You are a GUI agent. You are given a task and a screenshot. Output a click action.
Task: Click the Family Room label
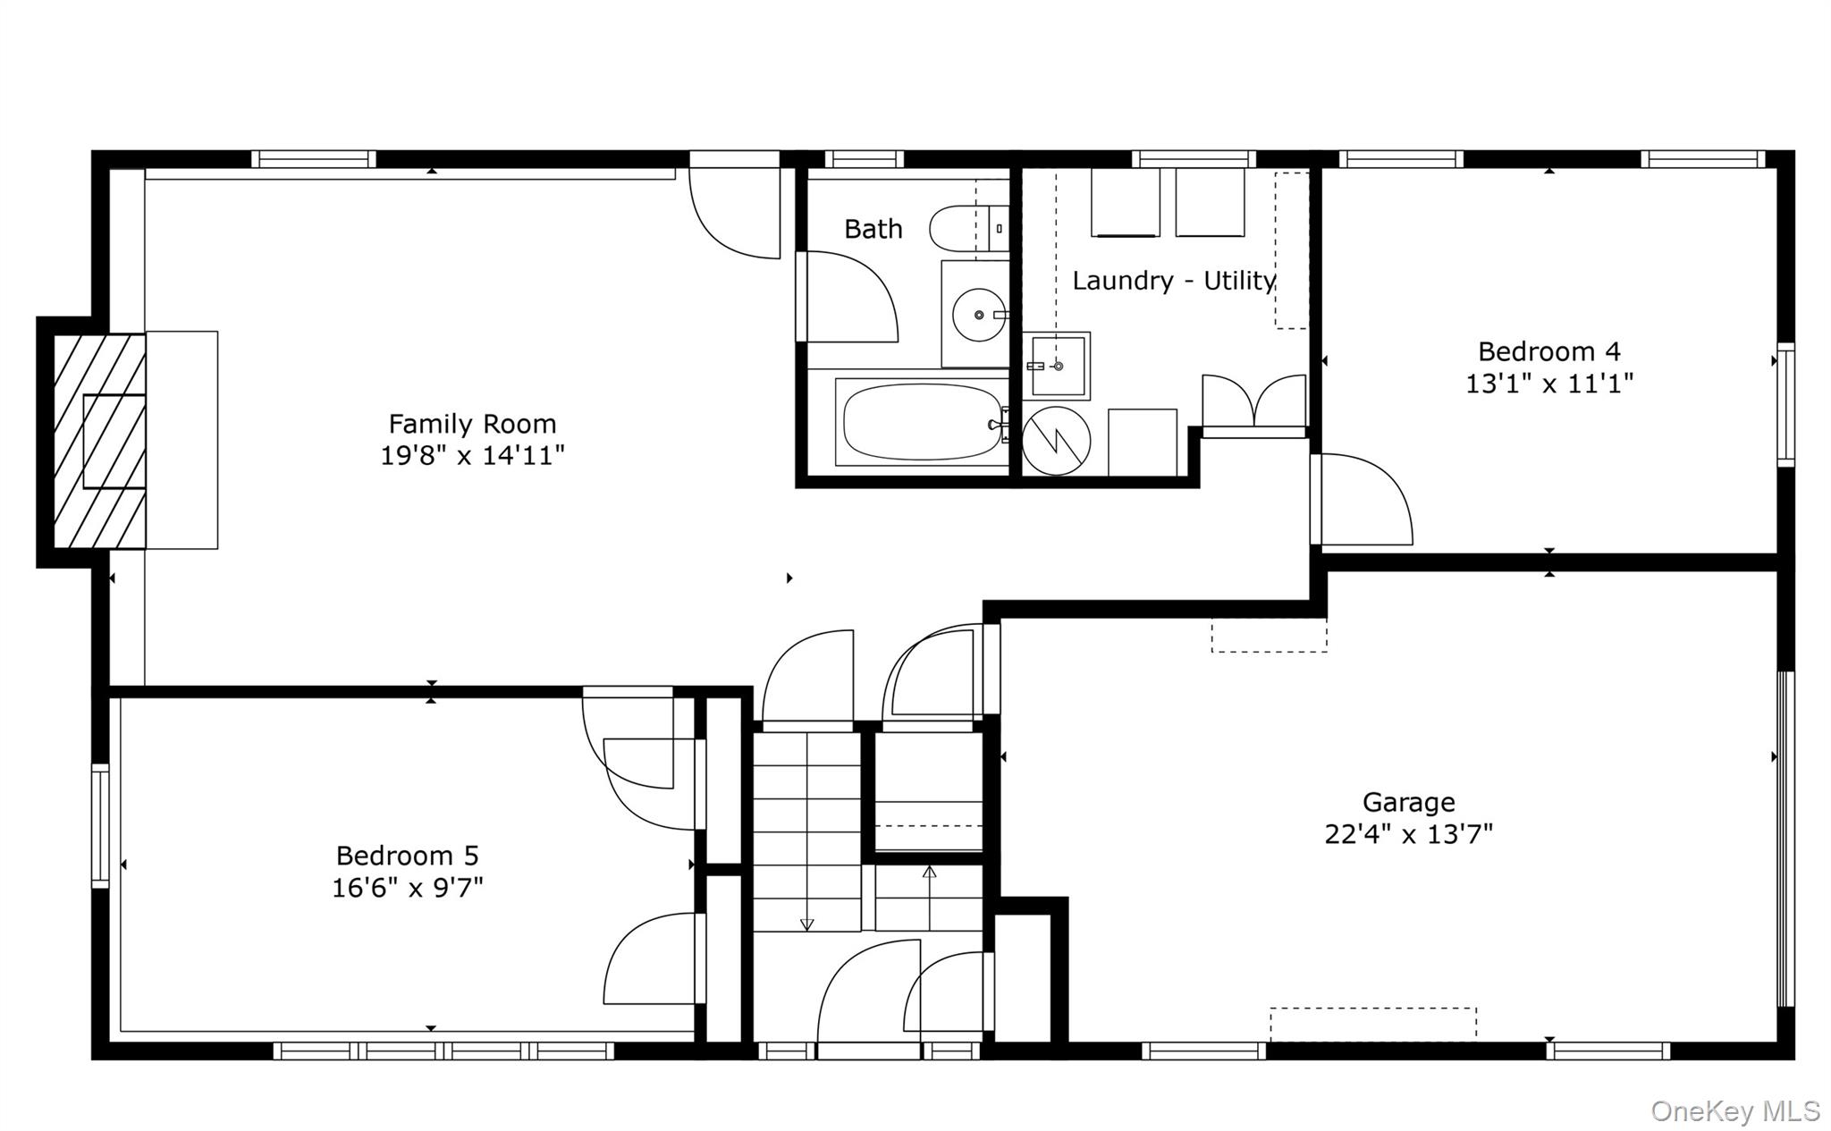point(472,423)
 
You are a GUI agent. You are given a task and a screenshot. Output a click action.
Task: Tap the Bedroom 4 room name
point(1548,351)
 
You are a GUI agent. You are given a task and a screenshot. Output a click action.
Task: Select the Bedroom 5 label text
point(407,856)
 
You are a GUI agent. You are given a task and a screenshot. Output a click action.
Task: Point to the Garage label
point(1408,802)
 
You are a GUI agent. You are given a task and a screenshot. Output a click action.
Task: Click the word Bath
point(873,229)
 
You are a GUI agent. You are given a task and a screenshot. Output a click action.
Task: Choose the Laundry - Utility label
point(1173,281)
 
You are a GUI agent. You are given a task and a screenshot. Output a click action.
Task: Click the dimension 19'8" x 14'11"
point(472,456)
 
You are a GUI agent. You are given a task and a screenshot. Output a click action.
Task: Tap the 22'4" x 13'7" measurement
point(1408,834)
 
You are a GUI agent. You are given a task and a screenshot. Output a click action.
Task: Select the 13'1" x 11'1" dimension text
point(1548,384)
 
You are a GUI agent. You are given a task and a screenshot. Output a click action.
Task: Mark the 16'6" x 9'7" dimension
point(407,888)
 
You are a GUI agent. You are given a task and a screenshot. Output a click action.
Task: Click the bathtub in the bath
point(921,422)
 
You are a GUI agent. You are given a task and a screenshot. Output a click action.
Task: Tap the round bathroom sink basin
point(979,315)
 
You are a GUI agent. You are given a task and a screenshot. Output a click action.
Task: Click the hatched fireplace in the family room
point(99,441)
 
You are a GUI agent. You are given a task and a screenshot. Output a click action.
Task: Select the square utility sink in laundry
point(1057,366)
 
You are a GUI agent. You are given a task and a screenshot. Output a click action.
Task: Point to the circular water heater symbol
point(1056,440)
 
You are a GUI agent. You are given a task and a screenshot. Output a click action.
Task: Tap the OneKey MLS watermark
point(1734,1110)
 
